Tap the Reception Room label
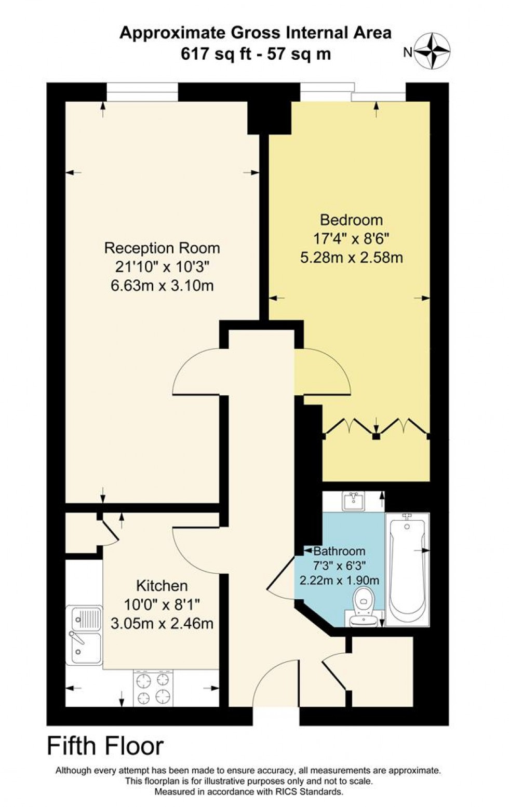point(162,248)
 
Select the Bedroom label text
point(351,220)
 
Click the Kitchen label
point(162,586)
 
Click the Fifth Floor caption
point(105,746)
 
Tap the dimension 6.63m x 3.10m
point(162,286)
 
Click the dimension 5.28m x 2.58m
point(352,257)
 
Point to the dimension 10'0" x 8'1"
point(162,604)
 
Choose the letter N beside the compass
point(408,51)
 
